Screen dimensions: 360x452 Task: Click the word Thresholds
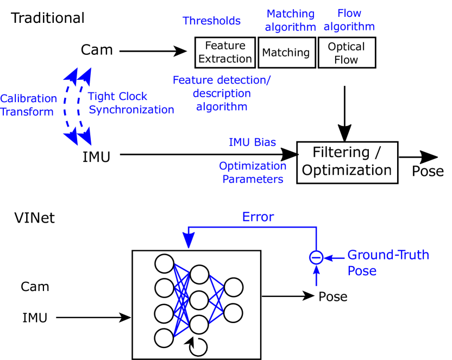click(x=212, y=21)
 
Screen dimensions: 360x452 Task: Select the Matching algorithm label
click(x=290, y=21)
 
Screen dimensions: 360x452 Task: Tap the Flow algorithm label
click(x=349, y=20)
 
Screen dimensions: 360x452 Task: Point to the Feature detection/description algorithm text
click(x=222, y=93)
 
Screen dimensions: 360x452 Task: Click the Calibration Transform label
click(x=28, y=105)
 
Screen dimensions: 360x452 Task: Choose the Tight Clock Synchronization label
click(x=131, y=103)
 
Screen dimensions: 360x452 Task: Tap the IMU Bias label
click(x=252, y=143)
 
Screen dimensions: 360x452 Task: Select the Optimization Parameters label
click(x=253, y=173)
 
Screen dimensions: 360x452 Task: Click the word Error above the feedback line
click(x=258, y=217)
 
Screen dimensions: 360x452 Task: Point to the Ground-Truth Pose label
click(x=388, y=263)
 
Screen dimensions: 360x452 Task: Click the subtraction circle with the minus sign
click(x=316, y=257)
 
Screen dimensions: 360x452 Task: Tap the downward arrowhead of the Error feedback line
click(x=189, y=241)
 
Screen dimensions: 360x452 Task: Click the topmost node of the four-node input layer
click(x=164, y=263)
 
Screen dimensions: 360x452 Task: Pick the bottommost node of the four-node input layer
click(x=164, y=338)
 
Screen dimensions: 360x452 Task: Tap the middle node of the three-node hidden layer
click(x=199, y=300)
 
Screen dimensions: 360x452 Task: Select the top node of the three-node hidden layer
click(x=199, y=274)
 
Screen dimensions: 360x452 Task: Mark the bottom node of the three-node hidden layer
click(x=199, y=325)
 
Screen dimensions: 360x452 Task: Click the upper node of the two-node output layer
click(x=234, y=287)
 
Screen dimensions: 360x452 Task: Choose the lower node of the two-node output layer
click(x=234, y=313)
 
